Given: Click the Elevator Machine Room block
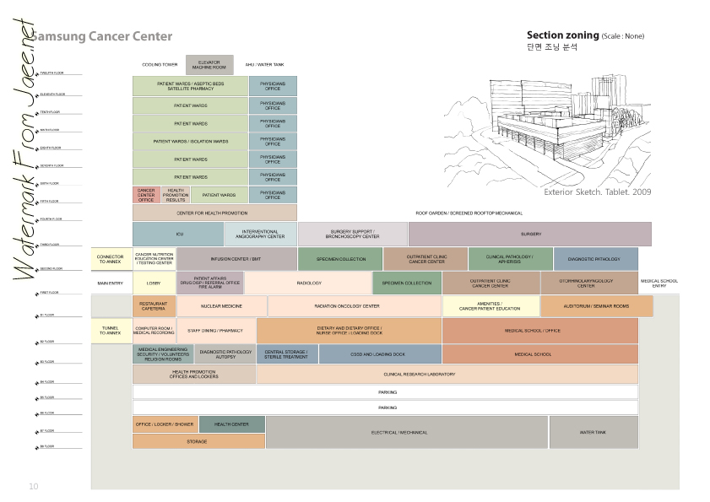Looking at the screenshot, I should [209, 64].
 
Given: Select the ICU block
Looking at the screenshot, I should [178, 234].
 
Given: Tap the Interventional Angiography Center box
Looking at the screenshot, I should [260, 234].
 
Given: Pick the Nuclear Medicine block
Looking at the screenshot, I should [221, 306].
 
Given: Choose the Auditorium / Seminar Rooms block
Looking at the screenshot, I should [596, 306].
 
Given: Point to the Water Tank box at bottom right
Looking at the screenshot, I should [593, 432].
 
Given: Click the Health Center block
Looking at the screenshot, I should [231, 424].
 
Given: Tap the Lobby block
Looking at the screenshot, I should [154, 283].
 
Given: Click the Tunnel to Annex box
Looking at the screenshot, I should [111, 331].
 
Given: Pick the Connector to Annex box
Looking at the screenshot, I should [111, 259].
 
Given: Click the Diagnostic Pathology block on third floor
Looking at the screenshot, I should [595, 259].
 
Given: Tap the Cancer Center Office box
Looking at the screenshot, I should [146, 195].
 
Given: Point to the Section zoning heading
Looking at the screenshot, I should [562, 35].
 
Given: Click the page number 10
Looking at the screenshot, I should [34, 486].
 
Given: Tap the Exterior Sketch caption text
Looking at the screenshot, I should [597, 192].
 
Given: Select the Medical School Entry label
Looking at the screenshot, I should [659, 283].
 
